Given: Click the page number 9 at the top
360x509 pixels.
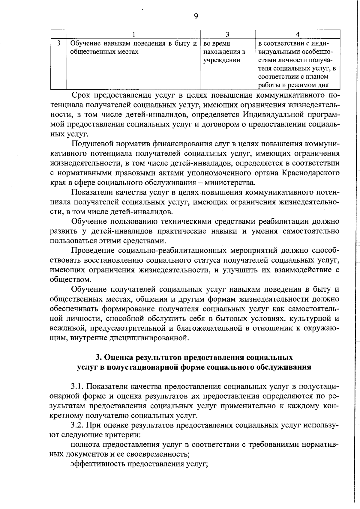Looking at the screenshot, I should tap(196, 16).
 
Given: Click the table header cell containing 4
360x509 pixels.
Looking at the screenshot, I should tap(297, 34).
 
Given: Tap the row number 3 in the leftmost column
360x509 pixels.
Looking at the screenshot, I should tap(58, 43).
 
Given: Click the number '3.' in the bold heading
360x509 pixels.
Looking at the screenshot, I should tap(99, 358).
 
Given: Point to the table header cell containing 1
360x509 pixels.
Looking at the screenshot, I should tap(133, 34).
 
